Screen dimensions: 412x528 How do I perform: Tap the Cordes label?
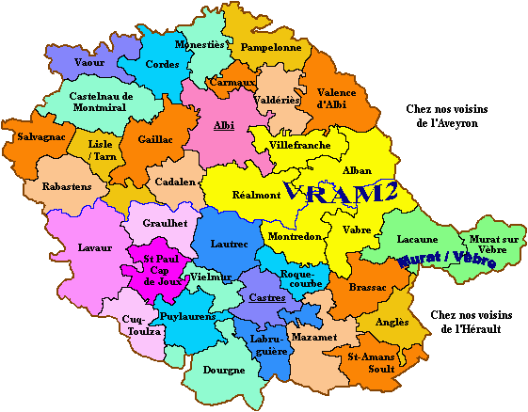[x=162, y=64]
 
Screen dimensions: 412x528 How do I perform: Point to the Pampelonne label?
[x=270, y=46]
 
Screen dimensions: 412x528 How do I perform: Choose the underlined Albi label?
[x=224, y=125]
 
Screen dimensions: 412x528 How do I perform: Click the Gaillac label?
[x=154, y=138]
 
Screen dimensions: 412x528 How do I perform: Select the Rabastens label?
[x=67, y=186]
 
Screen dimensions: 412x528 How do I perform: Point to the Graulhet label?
[x=167, y=224]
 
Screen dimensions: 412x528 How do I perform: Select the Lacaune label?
[x=417, y=240]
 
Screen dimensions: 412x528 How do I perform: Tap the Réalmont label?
[x=256, y=194]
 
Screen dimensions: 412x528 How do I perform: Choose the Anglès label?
[x=392, y=322]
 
